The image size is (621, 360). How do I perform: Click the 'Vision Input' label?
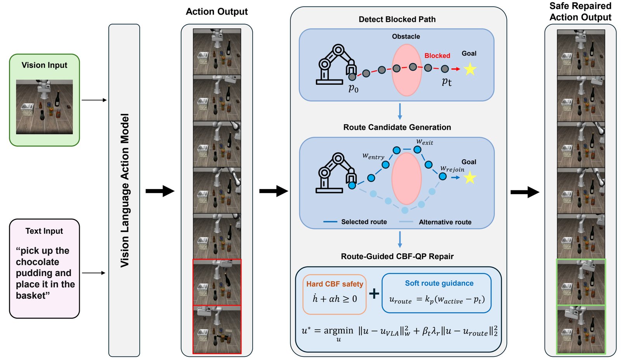point(44,65)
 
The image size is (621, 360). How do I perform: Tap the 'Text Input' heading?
point(44,231)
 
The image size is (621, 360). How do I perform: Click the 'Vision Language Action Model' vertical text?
point(125,190)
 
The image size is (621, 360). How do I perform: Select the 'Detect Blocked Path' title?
point(397,19)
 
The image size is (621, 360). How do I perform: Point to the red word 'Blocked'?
point(437,56)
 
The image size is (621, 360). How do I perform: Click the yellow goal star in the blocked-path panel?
point(470,69)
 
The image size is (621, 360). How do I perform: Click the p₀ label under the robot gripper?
point(354,89)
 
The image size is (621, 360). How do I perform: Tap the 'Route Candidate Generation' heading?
point(397,127)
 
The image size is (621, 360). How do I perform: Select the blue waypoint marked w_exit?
point(417,150)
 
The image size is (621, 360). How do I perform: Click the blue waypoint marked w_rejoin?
point(442,176)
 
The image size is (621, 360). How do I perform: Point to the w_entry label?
point(373,156)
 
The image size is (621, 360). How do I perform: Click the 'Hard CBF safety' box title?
point(335,284)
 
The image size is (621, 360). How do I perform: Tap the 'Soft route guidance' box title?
point(439,283)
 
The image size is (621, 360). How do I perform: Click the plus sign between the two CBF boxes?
point(374,294)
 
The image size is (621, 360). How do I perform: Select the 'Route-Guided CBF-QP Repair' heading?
point(397,256)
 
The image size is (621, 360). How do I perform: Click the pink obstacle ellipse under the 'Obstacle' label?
point(406,70)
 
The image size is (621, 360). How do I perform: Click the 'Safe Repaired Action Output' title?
point(580,11)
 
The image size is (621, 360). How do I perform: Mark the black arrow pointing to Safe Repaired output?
point(525,192)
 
